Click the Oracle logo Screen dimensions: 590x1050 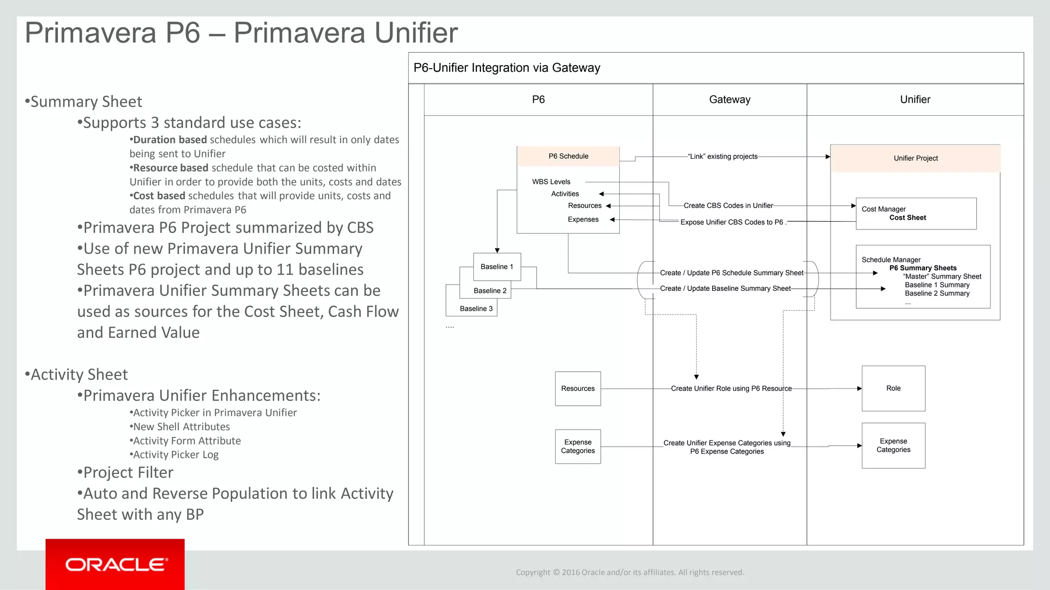[x=116, y=564]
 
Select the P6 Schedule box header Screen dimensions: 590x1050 [x=568, y=156]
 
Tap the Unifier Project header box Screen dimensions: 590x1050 [x=915, y=158]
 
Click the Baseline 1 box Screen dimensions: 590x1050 [x=496, y=267]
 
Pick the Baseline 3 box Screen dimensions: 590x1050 [x=476, y=309]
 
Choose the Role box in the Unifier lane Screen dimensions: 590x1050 [x=893, y=388]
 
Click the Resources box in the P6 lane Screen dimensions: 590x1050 [x=578, y=389]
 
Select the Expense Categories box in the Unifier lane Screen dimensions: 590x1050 [x=893, y=446]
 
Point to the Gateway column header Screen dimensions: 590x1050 [x=730, y=99]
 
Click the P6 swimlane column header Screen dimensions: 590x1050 [x=538, y=99]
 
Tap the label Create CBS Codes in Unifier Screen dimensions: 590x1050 [x=728, y=205]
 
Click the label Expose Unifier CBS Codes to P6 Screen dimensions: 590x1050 [x=732, y=222]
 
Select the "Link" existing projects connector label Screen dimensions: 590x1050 [x=723, y=157]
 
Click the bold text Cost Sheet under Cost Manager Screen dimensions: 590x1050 [x=907, y=218]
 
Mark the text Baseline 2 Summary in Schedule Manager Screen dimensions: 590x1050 [x=937, y=293]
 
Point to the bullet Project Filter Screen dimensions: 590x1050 [x=126, y=472]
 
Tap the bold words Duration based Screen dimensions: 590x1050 [x=169, y=140]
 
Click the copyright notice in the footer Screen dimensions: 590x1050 [x=630, y=572]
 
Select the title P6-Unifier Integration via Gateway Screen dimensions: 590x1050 [x=507, y=68]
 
